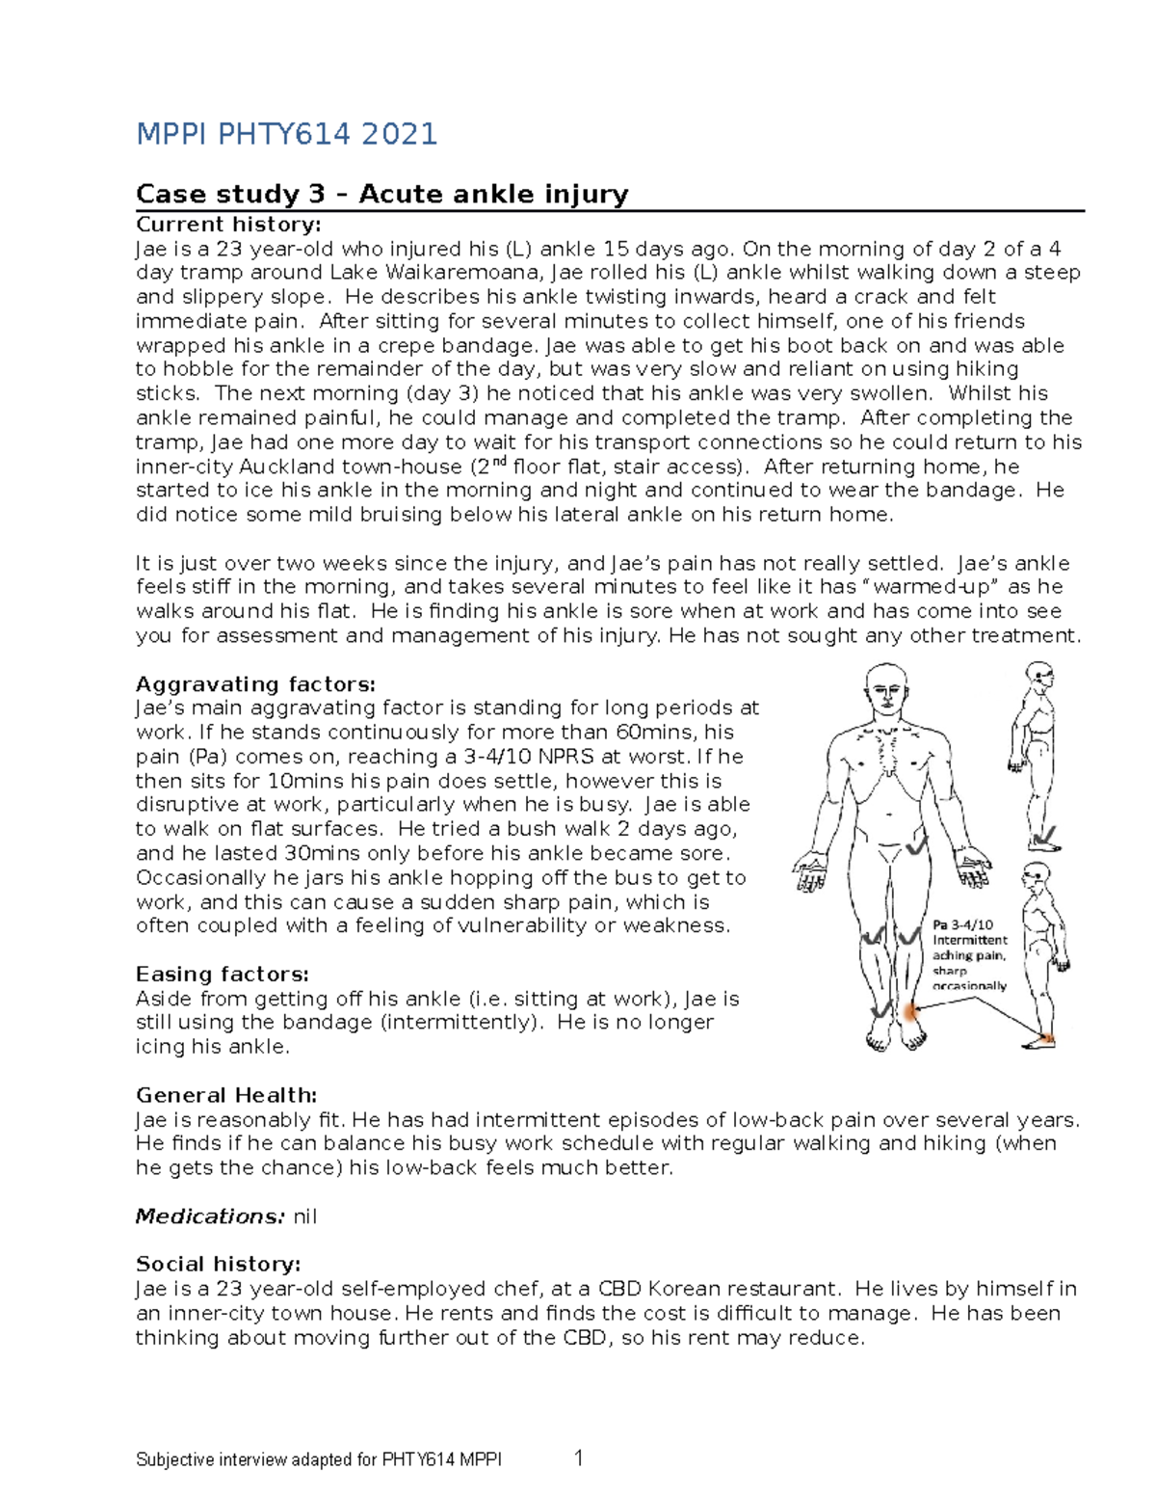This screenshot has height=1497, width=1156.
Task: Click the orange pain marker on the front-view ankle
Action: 909,1012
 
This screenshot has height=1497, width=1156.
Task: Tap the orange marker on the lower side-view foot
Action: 1048,1038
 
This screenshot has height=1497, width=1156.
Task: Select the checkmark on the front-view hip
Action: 914,845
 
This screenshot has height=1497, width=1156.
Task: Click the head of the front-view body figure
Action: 888,691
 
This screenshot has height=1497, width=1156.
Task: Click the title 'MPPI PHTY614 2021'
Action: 286,134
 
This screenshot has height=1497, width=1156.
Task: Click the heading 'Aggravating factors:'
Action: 255,684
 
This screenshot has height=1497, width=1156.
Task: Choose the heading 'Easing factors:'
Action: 222,974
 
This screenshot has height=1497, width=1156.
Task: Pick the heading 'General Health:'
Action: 226,1095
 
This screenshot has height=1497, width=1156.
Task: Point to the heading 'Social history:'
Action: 218,1264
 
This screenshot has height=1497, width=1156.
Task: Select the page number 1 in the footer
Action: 579,1458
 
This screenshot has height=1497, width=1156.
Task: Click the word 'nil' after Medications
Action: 304,1216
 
